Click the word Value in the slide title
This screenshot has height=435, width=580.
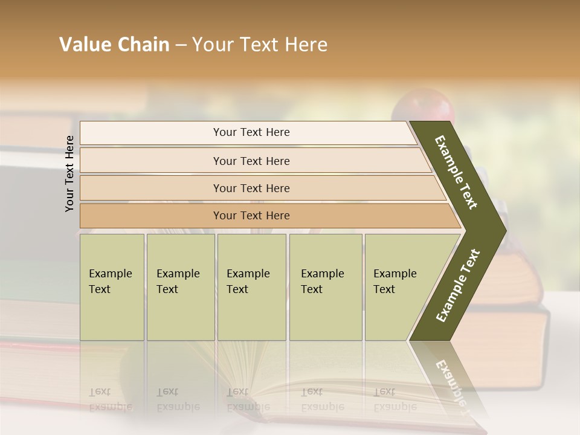click(x=84, y=45)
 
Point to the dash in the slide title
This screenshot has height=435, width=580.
click(x=181, y=45)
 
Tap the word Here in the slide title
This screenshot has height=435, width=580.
click(x=306, y=45)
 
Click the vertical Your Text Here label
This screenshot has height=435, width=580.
click(x=69, y=174)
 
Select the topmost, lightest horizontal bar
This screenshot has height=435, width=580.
click(x=251, y=132)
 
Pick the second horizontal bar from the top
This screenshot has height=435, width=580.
click(x=251, y=161)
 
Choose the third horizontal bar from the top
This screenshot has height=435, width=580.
click(x=251, y=188)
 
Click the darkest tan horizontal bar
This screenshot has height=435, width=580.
click(x=251, y=216)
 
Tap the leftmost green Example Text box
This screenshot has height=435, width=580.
click(x=112, y=287)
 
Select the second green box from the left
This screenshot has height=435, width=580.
click(x=180, y=287)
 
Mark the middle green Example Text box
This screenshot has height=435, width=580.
click(x=251, y=287)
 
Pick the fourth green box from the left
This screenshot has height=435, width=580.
click(x=326, y=287)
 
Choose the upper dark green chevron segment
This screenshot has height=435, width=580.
click(x=456, y=172)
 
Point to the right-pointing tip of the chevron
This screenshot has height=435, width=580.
click(x=503, y=230)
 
